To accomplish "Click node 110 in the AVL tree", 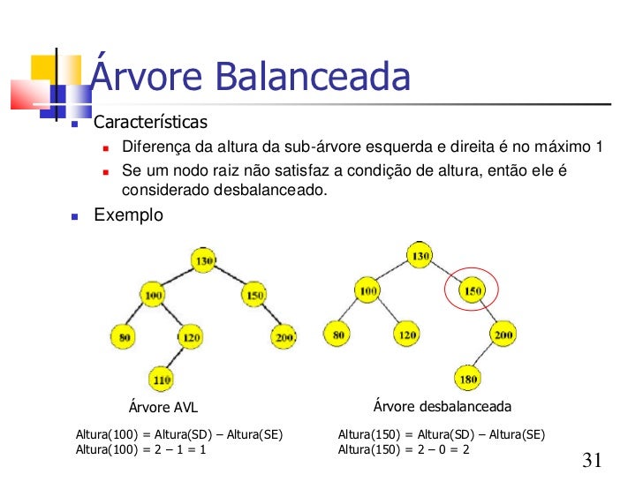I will click(x=161, y=380).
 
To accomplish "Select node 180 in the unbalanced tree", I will click(x=468, y=380).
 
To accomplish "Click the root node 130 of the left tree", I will click(x=204, y=260).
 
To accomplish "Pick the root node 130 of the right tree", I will click(x=419, y=256).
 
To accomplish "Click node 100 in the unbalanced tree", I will click(x=367, y=289).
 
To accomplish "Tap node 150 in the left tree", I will click(x=253, y=294).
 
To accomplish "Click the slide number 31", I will click(x=593, y=460).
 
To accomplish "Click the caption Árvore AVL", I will click(x=163, y=407).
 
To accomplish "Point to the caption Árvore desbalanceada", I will click(x=443, y=406).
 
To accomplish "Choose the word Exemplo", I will click(x=128, y=215).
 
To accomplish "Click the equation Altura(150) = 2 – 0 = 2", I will click(x=405, y=449).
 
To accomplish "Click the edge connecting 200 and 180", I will click(x=486, y=358).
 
